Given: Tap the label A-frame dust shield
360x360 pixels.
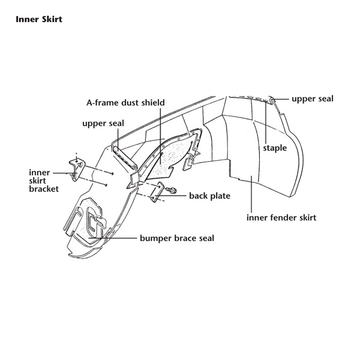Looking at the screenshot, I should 125,103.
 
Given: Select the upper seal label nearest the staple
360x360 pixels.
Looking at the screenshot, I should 312,99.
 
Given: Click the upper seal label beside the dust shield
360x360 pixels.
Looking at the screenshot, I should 103,124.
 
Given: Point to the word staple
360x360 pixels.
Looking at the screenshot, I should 275,147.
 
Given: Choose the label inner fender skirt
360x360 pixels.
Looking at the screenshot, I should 281,217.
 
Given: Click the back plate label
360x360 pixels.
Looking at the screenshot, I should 209,196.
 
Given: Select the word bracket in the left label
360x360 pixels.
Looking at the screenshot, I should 44,190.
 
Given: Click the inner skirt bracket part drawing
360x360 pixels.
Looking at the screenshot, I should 76,166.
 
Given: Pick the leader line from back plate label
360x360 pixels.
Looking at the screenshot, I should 181,195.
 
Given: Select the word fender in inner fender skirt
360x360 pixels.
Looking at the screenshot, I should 283,217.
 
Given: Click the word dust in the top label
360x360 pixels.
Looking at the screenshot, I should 127,103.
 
